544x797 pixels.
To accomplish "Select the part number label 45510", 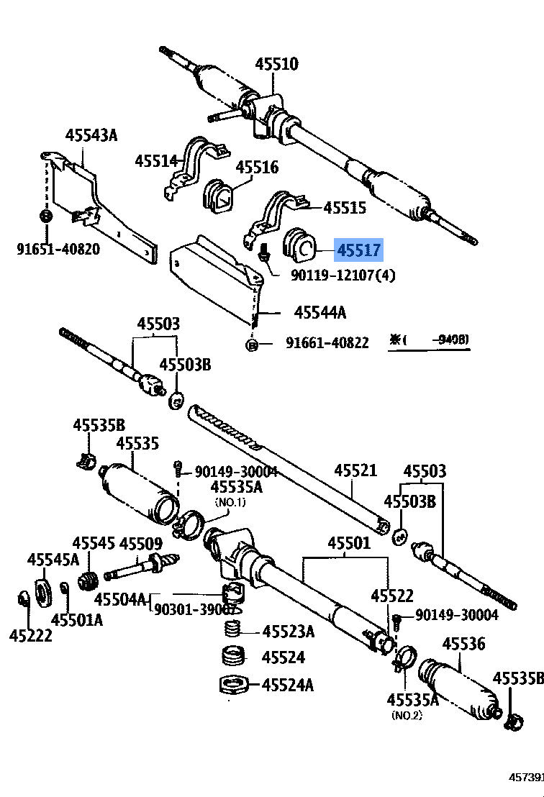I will [x=276, y=64].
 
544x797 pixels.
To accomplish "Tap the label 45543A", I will [x=91, y=135].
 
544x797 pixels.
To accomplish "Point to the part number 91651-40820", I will [x=58, y=249].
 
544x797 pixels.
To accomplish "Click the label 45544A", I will [x=320, y=312].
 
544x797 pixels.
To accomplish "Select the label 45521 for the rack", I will [x=355, y=471].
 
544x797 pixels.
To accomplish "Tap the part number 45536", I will [x=463, y=644].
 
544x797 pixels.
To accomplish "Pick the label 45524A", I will [x=287, y=685].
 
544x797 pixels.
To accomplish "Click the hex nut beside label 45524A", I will [x=233, y=684].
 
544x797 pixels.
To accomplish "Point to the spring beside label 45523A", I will [x=231, y=631].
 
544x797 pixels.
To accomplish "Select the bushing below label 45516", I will [x=217, y=196].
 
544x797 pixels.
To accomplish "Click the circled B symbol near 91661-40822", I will [x=252, y=344].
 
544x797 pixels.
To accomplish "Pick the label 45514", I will [x=156, y=160].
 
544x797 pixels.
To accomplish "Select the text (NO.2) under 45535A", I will [x=407, y=715].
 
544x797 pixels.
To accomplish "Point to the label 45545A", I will [x=54, y=559].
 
